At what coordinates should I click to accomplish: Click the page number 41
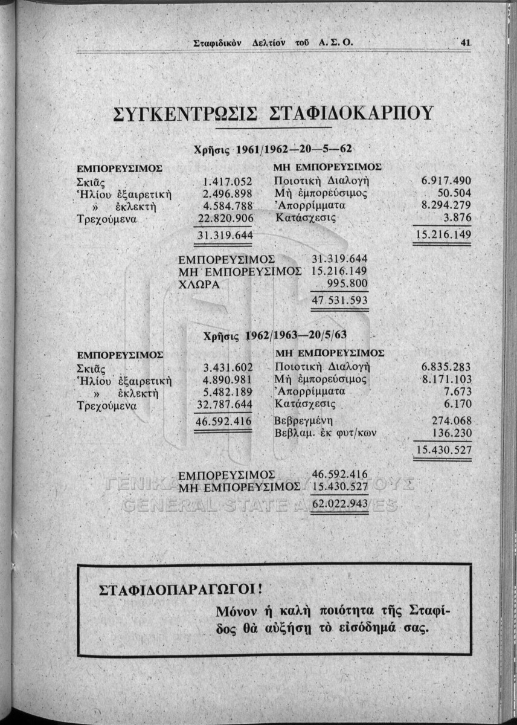(x=465, y=43)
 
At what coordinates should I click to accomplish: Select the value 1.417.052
(x=227, y=181)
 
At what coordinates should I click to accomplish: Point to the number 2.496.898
(x=227, y=194)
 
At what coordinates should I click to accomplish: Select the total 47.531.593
(x=339, y=300)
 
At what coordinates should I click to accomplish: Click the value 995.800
(x=346, y=285)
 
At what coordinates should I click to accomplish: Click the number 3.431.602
(x=227, y=367)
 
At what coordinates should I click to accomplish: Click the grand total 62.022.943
(x=341, y=503)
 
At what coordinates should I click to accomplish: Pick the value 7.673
(x=457, y=393)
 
